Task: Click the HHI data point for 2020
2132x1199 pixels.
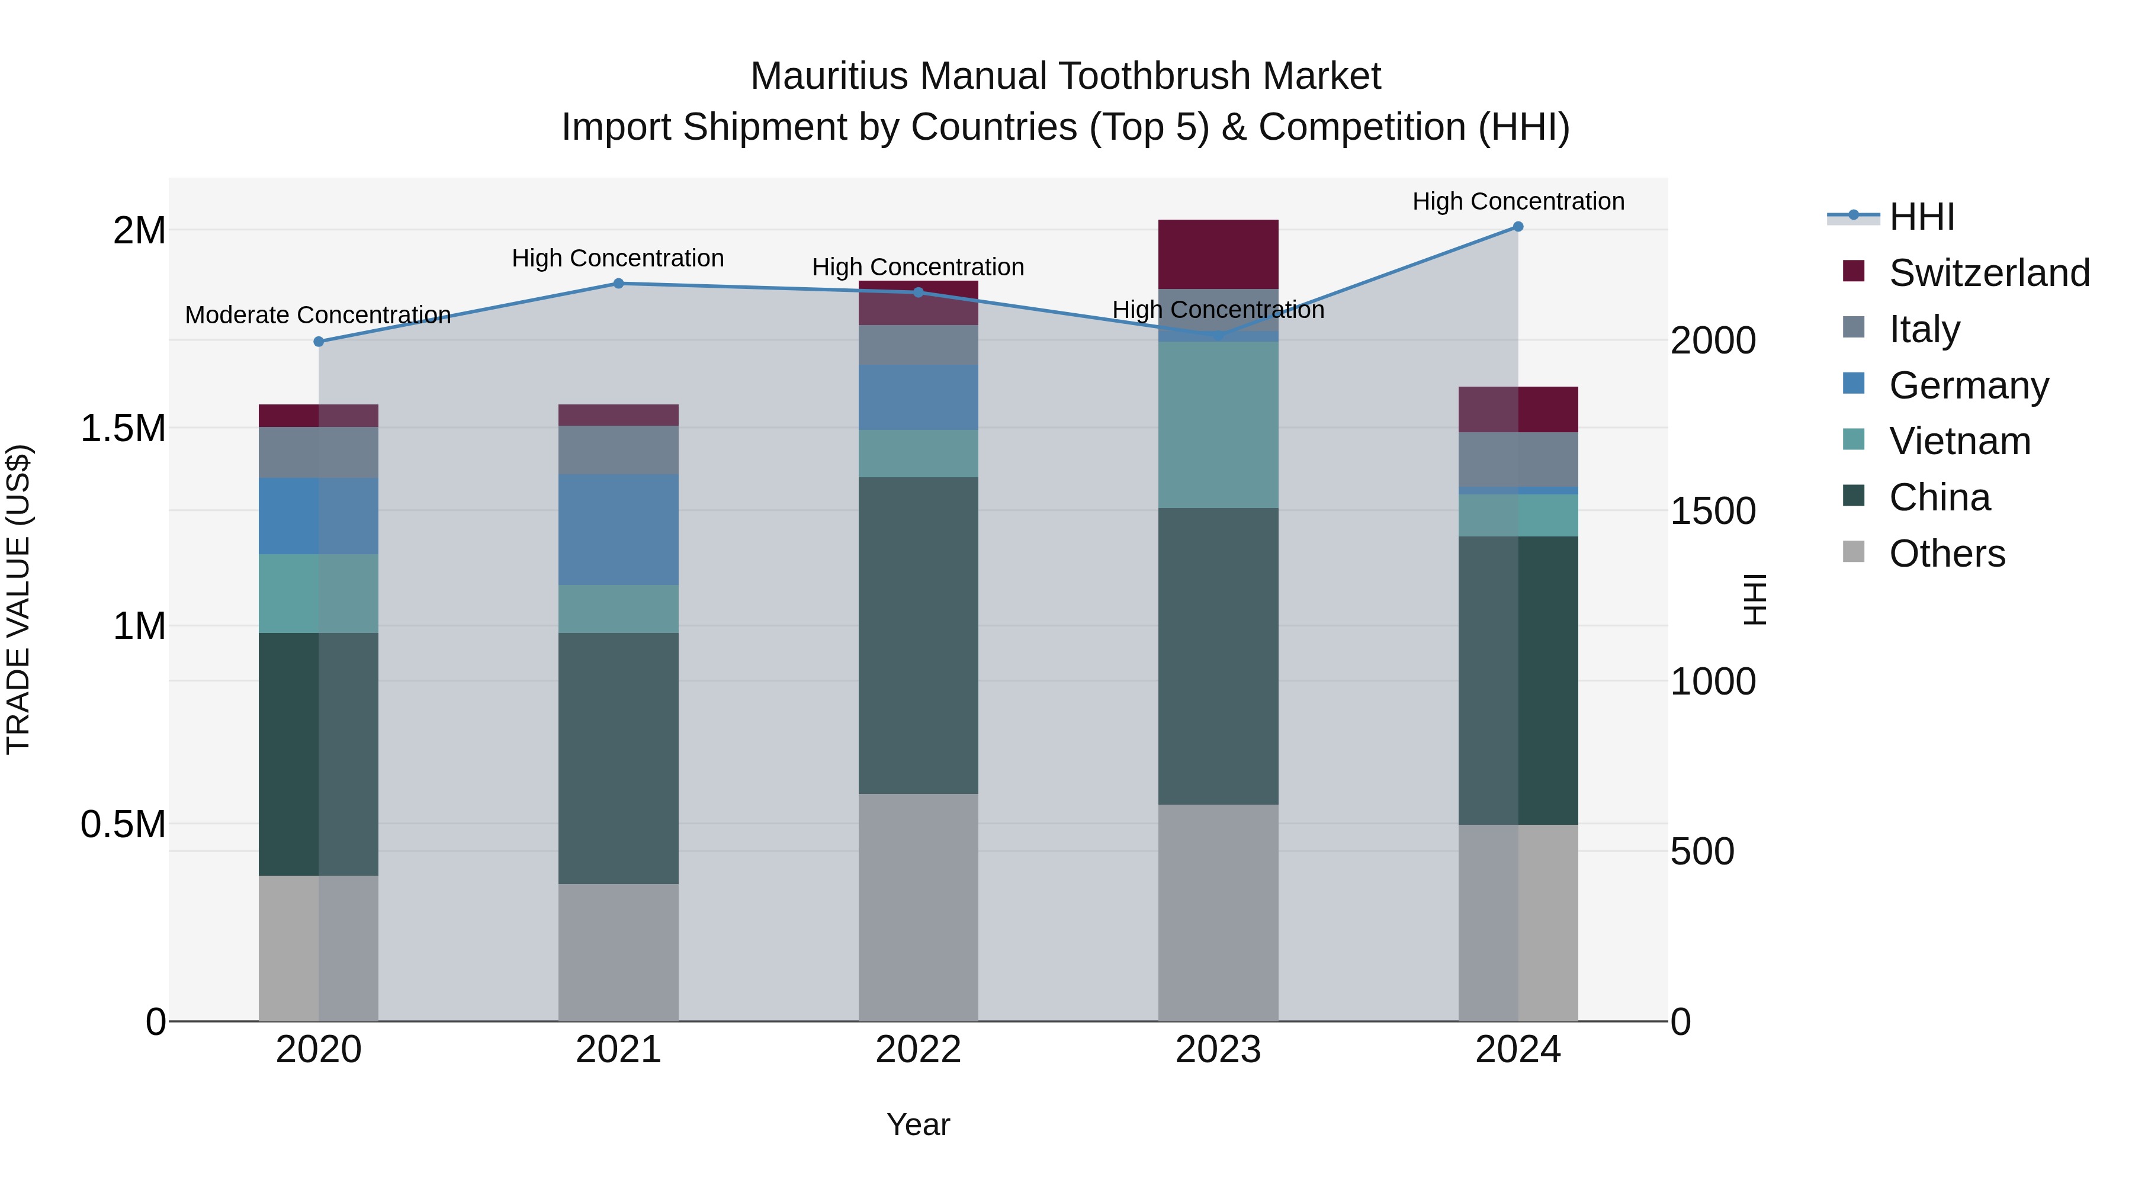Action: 319,342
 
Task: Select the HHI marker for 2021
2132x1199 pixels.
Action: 618,284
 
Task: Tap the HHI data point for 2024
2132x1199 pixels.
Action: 1518,227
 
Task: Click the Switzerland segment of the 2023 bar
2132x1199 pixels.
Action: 1218,254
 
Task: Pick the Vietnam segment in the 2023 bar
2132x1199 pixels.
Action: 1218,425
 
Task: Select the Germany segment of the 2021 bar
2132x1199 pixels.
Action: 618,529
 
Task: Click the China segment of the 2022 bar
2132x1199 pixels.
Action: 918,635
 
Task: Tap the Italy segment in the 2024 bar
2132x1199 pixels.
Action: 1518,459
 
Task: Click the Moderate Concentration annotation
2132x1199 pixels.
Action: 318,315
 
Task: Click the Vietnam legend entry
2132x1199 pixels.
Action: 1959,441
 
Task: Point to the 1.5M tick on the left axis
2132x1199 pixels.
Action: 123,429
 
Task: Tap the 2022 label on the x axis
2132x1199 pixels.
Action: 918,1050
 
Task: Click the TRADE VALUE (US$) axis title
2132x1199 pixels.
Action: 19,599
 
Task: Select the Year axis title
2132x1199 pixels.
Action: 918,1124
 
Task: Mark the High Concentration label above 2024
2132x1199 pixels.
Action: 1518,201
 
